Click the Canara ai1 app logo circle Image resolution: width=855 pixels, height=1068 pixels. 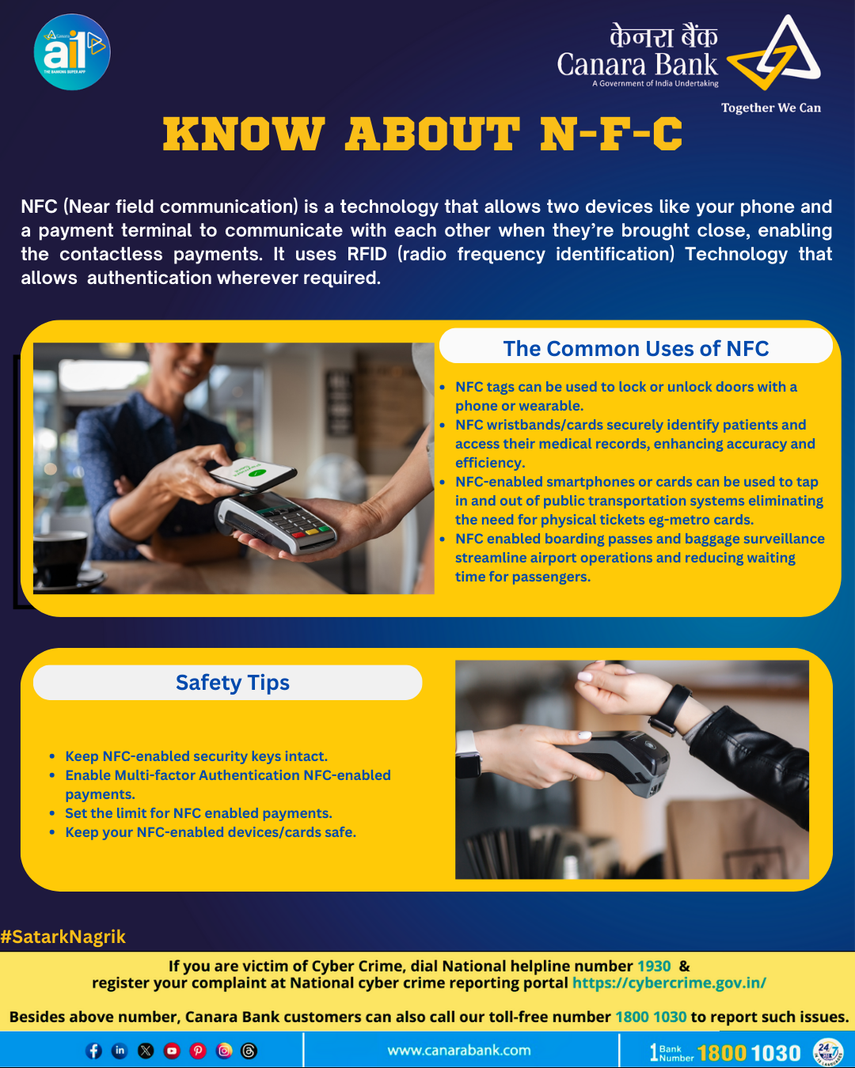(72, 52)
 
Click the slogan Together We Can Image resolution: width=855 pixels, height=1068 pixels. (771, 108)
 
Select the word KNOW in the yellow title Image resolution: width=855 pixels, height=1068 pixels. (243, 134)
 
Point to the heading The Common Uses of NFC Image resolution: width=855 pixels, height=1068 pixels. (636, 348)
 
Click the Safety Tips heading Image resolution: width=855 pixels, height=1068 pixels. (233, 683)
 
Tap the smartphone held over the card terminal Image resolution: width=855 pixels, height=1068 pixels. (253, 475)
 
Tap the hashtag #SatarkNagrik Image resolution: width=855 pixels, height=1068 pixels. (63, 937)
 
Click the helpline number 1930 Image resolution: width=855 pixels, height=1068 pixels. (654, 966)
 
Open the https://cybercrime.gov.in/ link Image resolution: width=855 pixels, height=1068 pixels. (669, 983)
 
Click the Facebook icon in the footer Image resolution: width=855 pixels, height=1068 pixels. (93, 1051)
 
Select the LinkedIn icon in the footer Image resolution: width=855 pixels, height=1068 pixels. (120, 1051)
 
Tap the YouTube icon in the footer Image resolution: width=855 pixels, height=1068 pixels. (172, 1051)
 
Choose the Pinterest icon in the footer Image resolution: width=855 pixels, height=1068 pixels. (198, 1051)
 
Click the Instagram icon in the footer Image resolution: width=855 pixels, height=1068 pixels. (223, 1051)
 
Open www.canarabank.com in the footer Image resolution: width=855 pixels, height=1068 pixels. (459, 1050)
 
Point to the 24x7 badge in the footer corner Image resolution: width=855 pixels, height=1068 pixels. (827, 1051)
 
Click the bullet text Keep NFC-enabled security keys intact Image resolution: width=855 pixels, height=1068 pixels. (196, 756)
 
